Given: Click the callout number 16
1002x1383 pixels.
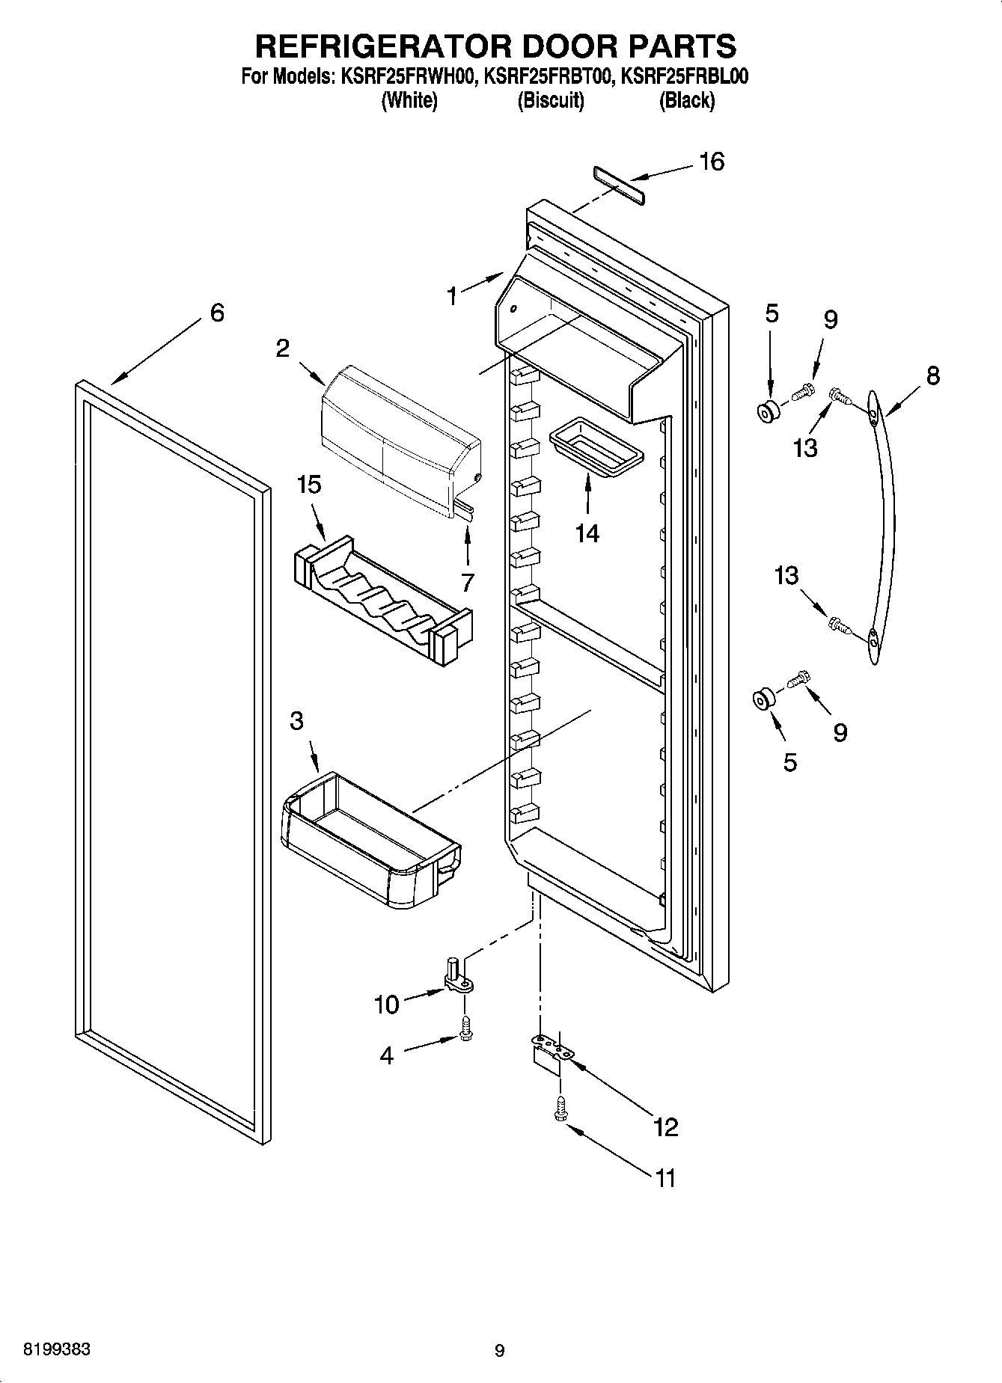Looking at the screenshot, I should [711, 162].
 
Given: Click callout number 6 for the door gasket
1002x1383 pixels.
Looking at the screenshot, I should [216, 313].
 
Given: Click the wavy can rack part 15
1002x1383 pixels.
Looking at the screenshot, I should [382, 598].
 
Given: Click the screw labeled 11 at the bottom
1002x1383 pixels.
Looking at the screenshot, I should [560, 1110].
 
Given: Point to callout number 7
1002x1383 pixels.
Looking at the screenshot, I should [468, 581].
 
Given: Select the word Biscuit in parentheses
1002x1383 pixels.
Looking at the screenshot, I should [550, 100].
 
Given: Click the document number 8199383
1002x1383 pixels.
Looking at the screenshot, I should [58, 1349].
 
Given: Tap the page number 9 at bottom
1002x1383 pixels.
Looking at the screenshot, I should [500, 1351].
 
